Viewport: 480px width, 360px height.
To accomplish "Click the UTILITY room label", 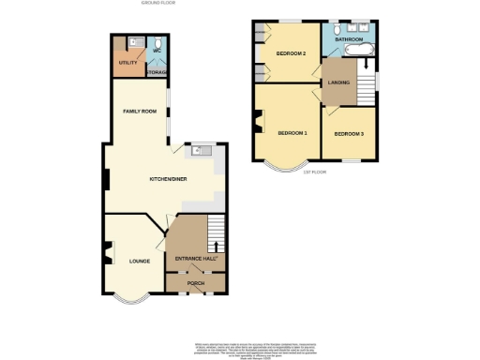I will (x=127, y=63).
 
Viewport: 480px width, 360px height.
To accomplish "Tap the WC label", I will (x=157, y=50).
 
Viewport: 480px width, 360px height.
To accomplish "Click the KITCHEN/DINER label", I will (x=168, y=179).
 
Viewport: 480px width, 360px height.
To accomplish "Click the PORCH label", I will (x=195, y=282).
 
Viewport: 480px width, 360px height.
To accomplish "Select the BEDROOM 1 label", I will (x=292, y=132).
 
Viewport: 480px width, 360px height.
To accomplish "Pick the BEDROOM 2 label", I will (x=292, y=53).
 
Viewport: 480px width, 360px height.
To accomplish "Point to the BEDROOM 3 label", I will (x=349, y=134).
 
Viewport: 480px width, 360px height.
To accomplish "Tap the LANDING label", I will (x=338, y=82).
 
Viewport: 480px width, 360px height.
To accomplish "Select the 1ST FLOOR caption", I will (x=315, y=172).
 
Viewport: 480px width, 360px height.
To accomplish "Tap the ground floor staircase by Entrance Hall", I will (x=215, y=228).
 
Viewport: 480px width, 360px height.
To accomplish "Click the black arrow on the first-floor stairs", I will (x=363, y=67).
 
